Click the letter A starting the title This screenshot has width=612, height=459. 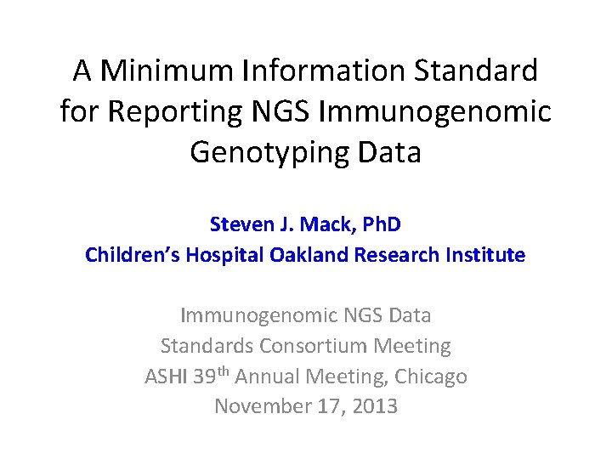pyautogui.click(x=82, y=71)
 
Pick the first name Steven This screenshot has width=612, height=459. pyautogui.click(x=240, y=225)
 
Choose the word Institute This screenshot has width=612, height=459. pyautogui.click(x=486, y=255)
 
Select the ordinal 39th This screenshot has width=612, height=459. pyautogui.click(x=211, y=375)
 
